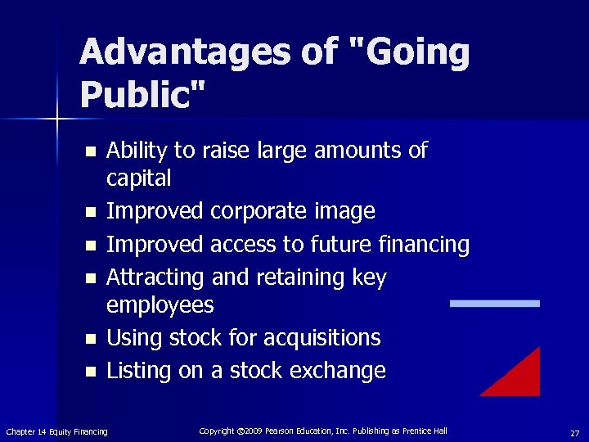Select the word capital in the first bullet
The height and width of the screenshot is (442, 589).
[x=139, y=178]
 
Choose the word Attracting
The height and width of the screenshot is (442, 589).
[x=155, y=277]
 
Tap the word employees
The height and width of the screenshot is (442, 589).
[x=160, y=305]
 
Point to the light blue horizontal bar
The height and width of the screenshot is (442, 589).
[x=495, y=303]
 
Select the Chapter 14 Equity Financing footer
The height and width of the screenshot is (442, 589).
[x=56, y=431]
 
